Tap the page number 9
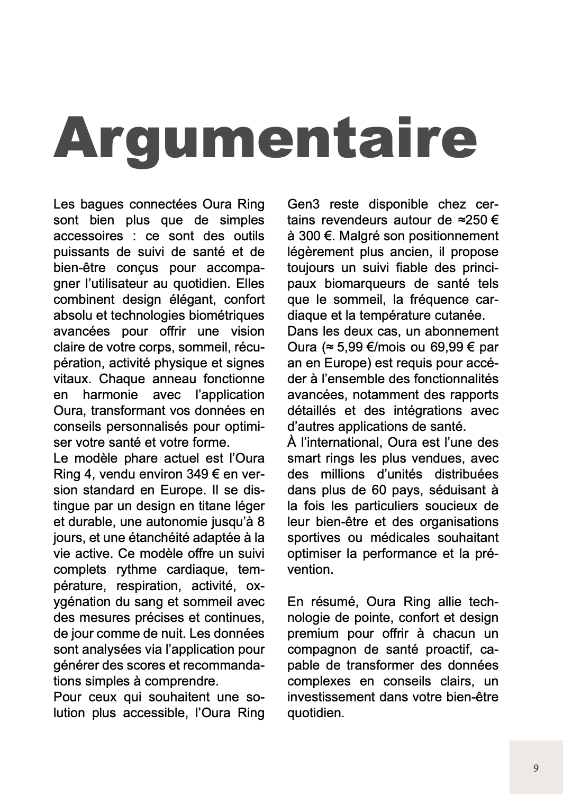[x=536, y=768]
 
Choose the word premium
[x=312, y=633]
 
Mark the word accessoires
[x=88, y=236]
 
